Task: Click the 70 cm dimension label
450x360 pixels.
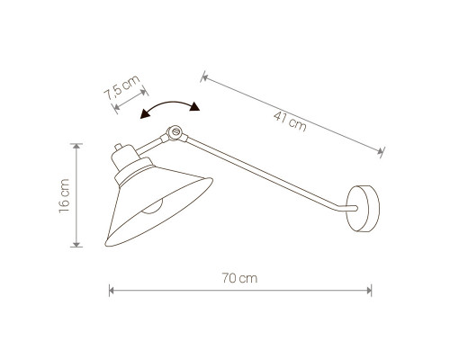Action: pos(239,278)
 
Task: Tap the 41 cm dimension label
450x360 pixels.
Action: pos(290,121)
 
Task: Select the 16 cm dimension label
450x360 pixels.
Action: pos(64,195)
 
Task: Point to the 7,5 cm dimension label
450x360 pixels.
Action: pos(121,87)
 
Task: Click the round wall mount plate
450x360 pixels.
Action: pos(363,209)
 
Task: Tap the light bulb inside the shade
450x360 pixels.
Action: pos(152,207)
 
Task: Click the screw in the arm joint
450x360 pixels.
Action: pos(176,131)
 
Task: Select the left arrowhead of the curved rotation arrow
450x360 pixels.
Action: pos(145,113)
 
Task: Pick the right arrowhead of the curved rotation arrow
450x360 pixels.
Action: pos(194,107)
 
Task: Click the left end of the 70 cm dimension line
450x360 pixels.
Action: pos(110,291)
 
